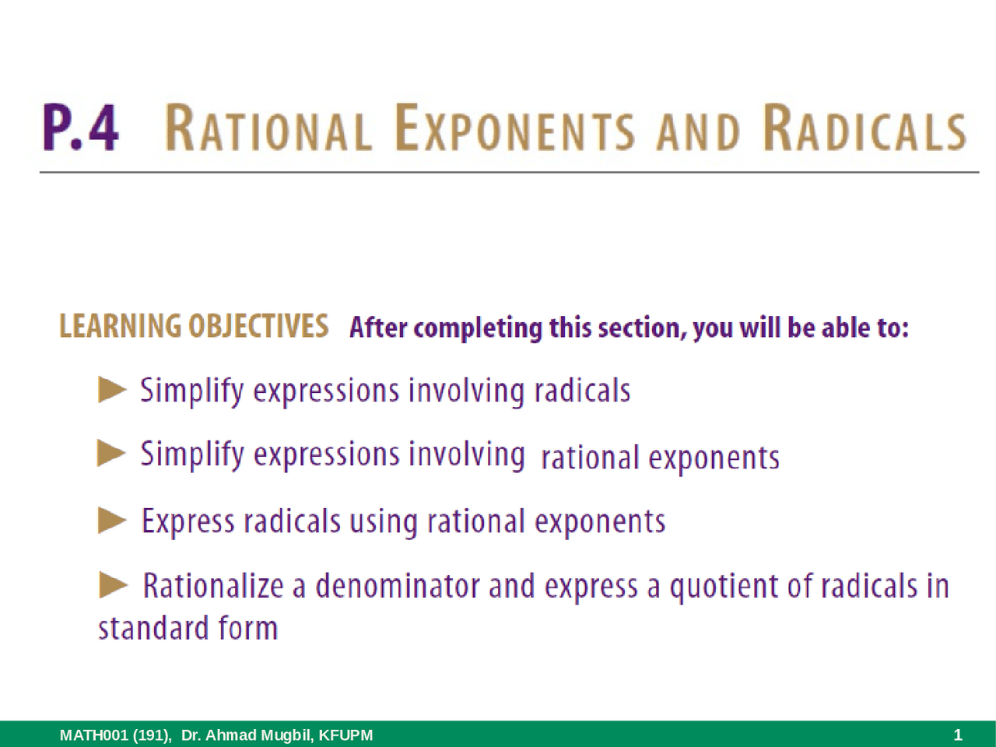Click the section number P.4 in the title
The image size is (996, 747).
click(x=82, y=129)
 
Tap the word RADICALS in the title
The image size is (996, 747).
click(x=863, y=129)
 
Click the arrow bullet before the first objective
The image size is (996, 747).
click(x=112, y=389)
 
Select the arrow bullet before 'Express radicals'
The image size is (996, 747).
click(x=112, y=520)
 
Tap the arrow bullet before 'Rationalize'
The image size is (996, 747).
click(x=114, y=584)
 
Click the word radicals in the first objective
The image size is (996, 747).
click(x=582, y=390)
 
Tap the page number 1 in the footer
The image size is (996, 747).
click(x=958, y=735)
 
